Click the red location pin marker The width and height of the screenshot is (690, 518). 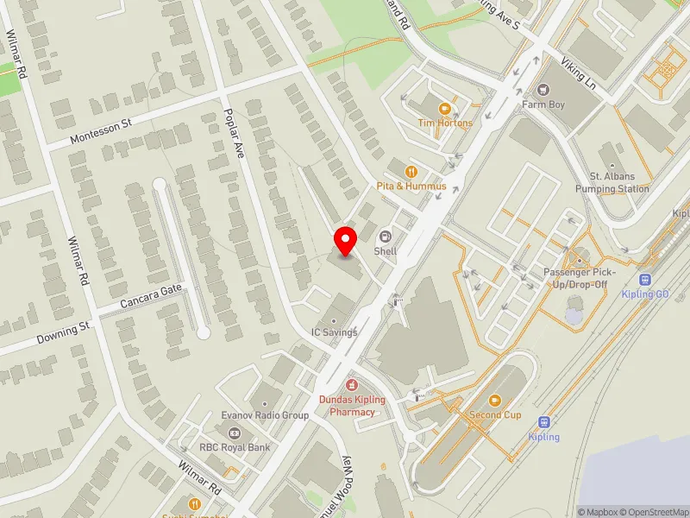coord(346,241)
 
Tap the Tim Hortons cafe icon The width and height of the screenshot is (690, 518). coord(445,109)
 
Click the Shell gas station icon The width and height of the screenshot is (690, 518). coord(385,236)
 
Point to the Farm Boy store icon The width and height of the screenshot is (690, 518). coord(543,90)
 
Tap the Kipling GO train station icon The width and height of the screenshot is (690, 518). coord(644,279)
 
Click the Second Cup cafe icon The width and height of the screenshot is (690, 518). coord(495,400)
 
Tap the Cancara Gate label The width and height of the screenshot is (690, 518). coord(152,297)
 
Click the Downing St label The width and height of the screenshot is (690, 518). coord(63,333)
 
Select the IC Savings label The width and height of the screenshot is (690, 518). coord(334,332)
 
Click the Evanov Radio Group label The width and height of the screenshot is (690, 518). coord(264,415)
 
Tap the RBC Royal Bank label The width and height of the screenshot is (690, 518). coord(235,447)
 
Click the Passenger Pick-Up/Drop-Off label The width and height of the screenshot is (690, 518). coord(577,278)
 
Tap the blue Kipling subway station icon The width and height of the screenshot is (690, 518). coord(543,422)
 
